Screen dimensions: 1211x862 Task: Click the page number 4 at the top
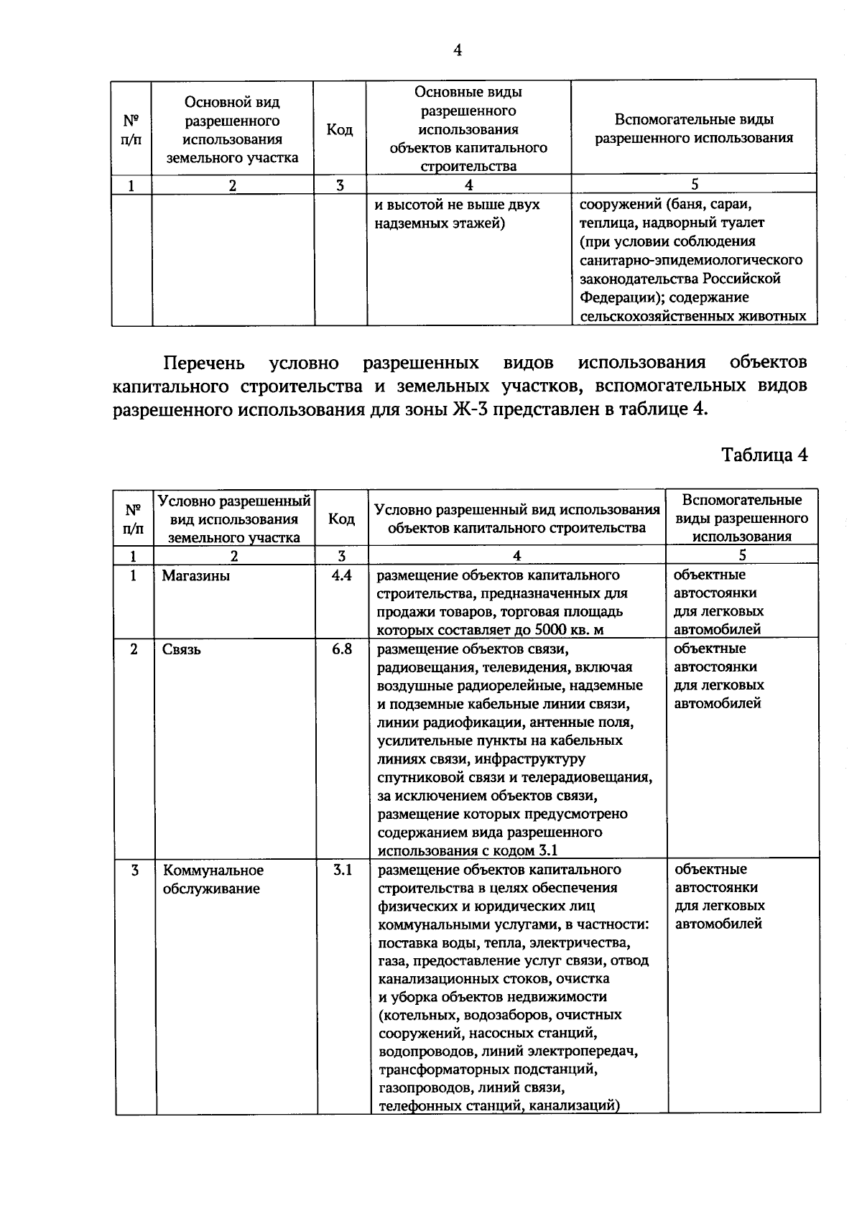tap(457, 50)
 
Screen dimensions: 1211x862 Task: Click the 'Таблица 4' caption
tap(764, 455)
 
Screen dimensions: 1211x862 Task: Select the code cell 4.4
tap(342, 575)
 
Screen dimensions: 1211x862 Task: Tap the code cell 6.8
tap(342, 649)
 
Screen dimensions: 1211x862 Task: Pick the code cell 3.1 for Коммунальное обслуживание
tap(342, 870)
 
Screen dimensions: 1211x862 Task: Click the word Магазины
tap(195, 576)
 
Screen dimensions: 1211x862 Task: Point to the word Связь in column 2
tap(181, 650)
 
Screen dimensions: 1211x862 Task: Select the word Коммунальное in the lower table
tap(213, 871)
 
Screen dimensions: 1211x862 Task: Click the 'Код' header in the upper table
tap(339, 130)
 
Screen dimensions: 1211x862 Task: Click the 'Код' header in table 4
tap(341, 519)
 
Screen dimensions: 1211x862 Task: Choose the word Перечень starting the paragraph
tap(204, 362)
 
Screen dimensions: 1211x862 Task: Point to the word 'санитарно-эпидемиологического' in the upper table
tap(690, 260)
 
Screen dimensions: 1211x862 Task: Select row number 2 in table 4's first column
tap(134, 649)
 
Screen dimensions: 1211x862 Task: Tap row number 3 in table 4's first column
tap(134, 871)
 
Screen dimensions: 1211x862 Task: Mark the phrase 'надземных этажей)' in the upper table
tap(440, 223)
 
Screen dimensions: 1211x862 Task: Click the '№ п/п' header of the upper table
tap(131, 130)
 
